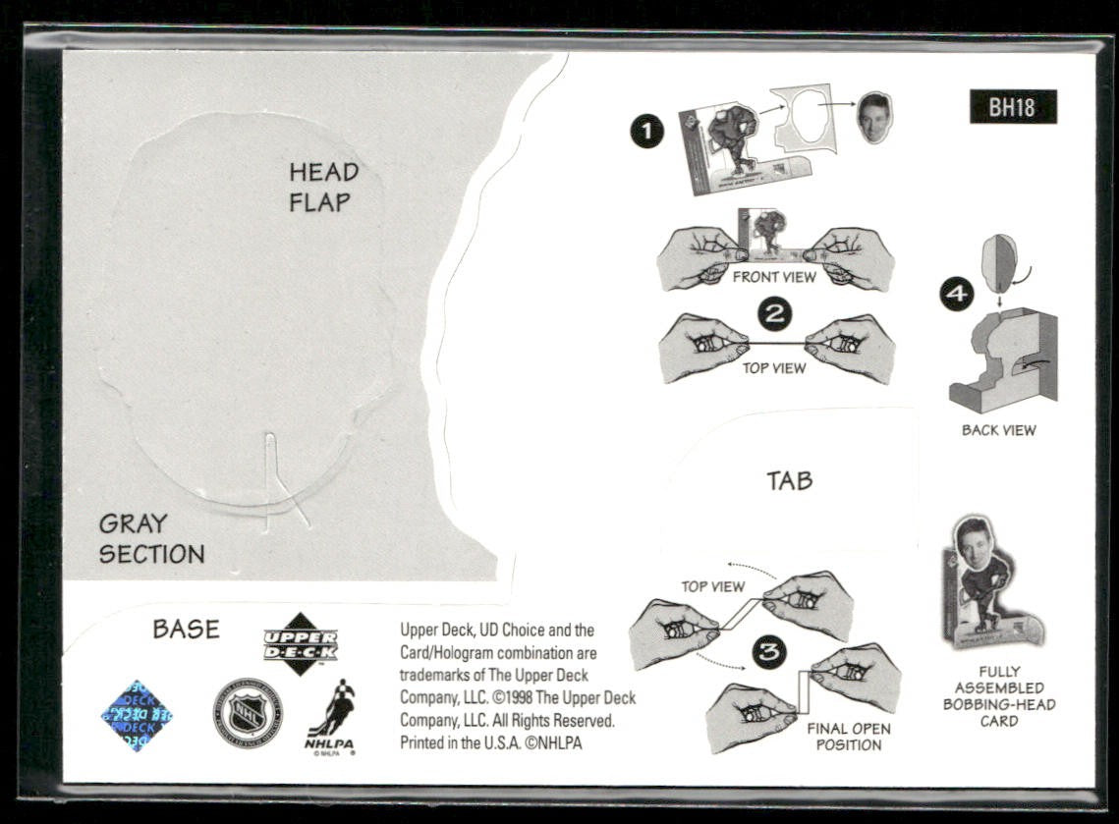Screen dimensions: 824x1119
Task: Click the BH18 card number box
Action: (x=1013, y=107)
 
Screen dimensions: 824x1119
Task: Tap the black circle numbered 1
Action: (x=646, y=131)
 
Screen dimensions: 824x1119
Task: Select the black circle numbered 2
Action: (x=776, y=314)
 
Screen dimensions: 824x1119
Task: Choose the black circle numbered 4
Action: (x=957, y=294)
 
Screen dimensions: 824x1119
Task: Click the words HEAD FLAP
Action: (x=322, y=187)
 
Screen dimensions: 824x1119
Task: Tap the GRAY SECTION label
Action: (x=151, y=538)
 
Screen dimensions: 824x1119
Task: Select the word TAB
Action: (x=790, y=481)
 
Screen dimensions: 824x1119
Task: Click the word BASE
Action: (x=186, y=629)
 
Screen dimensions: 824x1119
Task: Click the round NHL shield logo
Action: (x=248, y=713)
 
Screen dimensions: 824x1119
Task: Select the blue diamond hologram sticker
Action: (x=138, y=715)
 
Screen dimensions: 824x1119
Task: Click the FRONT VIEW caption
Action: (x=774, y=277)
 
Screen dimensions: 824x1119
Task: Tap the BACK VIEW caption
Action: (x=998, y=430)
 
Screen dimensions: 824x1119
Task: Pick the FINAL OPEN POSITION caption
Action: (x=848, y=737)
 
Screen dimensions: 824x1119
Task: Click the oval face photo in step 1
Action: (x=873, y=118)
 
